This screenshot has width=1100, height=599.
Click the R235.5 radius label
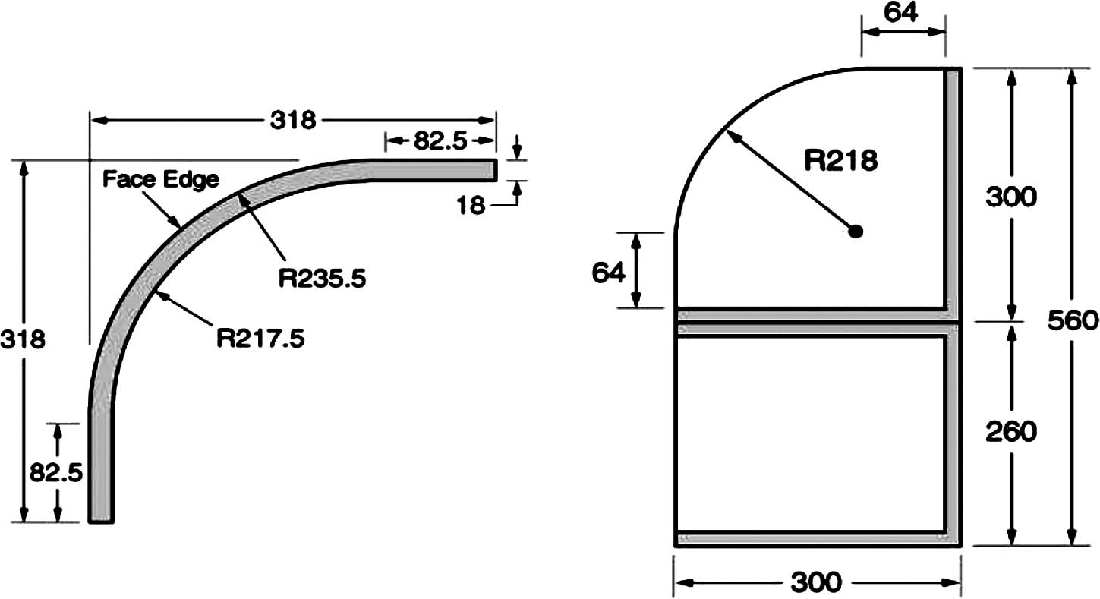pos(322,279)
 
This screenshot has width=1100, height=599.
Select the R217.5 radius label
pos(260,338)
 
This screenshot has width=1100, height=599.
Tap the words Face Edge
pos(161,179)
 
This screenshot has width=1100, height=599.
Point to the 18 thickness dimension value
pos(471,205)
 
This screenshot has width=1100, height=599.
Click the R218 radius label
pos(841,160)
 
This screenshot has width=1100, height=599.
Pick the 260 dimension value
pos(1010,431)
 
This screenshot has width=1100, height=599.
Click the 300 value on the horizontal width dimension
pos(816,582)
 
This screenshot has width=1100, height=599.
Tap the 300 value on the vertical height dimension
pos(1010,197)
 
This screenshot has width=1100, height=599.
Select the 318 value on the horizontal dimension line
pos(292,120)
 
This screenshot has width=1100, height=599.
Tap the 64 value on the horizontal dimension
pos(901,13)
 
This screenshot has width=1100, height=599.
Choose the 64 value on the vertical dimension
pos(609,272)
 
